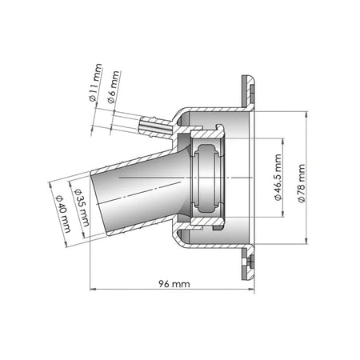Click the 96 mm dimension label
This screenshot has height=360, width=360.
(174, 284)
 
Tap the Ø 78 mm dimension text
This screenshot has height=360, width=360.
(302, 183)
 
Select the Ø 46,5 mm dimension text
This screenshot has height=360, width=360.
(278, 178)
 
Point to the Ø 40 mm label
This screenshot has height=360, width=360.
(63, 214)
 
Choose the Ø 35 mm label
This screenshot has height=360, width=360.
(82, 208)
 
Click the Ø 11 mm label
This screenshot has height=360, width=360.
(96, 82)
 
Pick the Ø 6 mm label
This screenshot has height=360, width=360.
(114, 87)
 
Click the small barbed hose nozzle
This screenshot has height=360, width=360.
(156, 126)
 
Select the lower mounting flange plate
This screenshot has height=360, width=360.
(248, 263)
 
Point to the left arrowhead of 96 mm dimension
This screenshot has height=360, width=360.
(93, 289)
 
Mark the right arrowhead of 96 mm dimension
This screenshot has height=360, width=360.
(251, 289)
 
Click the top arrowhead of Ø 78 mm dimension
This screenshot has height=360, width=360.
(306, 114)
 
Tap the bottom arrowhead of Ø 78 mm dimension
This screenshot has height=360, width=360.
(306, 241)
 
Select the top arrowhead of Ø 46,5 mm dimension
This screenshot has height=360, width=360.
(282, 142)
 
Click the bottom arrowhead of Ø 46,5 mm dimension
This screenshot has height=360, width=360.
(282, 214)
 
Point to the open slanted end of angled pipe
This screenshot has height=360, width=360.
(98, 202)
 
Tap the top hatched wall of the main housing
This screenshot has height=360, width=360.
(214, 110)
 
